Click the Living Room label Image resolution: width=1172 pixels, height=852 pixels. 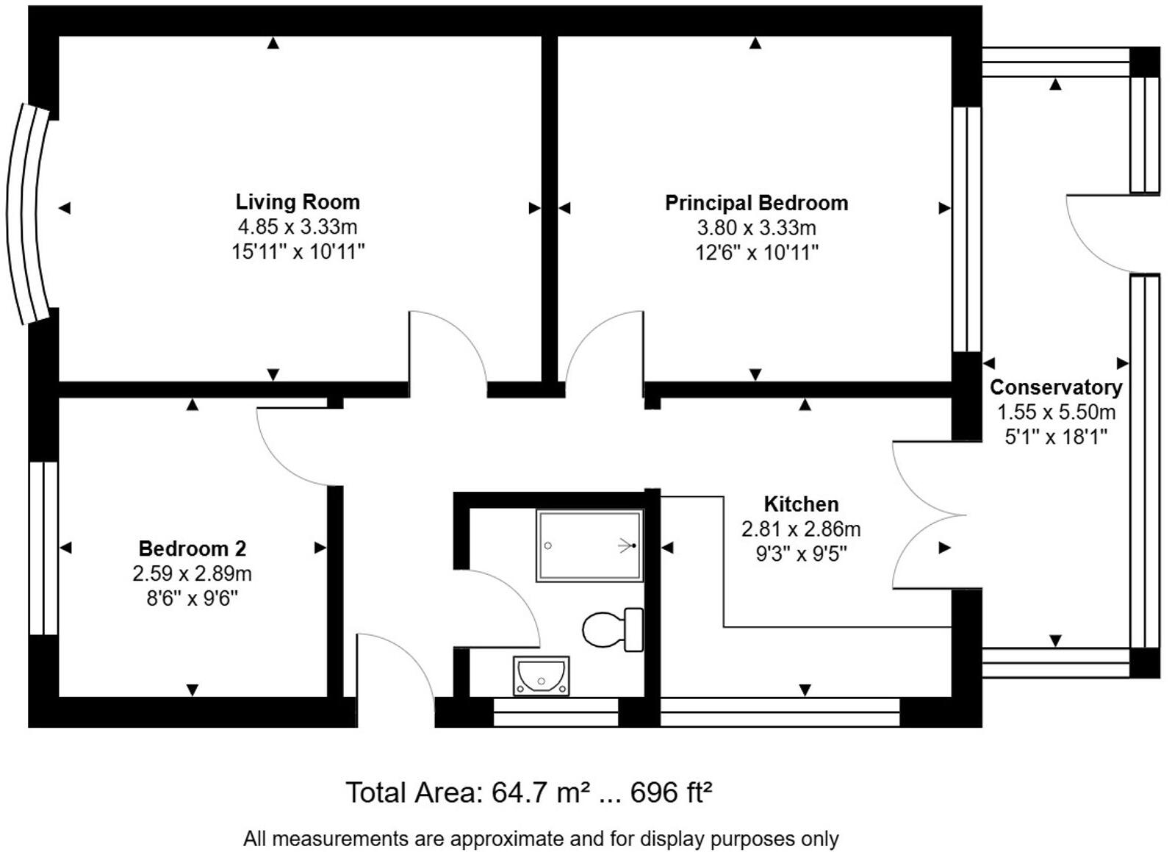(x=298, y=202)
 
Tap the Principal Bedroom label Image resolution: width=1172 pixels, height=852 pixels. (x=756, y=203)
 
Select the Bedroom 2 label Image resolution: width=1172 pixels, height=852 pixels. (x=192, y=548)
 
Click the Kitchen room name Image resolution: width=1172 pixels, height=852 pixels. (x=801, y=504)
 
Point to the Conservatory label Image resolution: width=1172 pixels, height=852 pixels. (x=1055, y=387)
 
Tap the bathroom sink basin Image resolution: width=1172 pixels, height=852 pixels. (x=541, y=674)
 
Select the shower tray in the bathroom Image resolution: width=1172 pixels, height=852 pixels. (x=589, y=545)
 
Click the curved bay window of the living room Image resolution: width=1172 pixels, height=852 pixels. (x=24, y=213)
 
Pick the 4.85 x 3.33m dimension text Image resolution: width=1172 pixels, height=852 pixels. (x=297, y=227)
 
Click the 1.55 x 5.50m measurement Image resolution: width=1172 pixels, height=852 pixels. (x=1055, y=412)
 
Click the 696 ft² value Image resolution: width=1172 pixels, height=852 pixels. (x=671, y=792)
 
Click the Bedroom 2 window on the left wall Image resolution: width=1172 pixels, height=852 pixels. (x=43, y=548)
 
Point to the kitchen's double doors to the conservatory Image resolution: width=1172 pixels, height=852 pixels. (x=927, y=515)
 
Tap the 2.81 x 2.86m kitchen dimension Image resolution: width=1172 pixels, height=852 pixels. (x=801, y=529)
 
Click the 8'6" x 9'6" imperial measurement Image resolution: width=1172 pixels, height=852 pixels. (x=192, y=598)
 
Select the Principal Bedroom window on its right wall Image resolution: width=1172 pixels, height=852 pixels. (x=966, y=229)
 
